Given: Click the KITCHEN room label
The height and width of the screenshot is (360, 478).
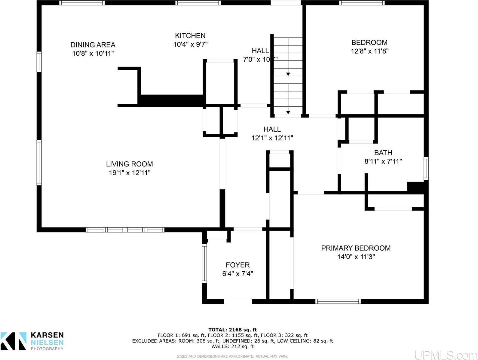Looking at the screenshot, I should pos(190,36).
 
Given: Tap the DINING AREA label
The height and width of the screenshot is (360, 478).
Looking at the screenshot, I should pos(93,45).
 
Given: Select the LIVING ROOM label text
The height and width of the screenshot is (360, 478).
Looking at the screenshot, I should pos(129,164).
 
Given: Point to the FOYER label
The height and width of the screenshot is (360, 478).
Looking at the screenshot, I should pos(237,265).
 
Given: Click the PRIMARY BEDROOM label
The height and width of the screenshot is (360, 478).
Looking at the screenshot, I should pos(356,248).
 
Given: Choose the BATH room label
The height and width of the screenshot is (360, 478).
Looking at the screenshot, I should pos(383,153).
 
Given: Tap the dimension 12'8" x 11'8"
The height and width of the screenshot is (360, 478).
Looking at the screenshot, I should pos(369,51).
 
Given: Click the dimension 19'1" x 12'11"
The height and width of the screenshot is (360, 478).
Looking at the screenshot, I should pos(129,173).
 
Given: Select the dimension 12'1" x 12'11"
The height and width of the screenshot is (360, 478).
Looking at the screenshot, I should pos(272,138).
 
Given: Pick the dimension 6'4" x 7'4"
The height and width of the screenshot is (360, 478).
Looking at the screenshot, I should pos(237,274).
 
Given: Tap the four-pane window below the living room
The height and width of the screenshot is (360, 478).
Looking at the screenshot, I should pos(125,230).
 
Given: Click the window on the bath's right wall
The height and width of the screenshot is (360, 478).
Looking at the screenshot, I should pos(426,168).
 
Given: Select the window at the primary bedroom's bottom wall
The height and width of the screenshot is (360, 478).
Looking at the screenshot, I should pos(338,301).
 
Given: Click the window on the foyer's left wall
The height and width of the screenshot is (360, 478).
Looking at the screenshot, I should pos(204,263).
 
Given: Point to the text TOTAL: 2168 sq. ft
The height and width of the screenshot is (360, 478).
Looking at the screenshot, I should pos(232,330).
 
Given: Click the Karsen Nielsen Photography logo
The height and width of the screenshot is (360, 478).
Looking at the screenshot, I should pos(32,341).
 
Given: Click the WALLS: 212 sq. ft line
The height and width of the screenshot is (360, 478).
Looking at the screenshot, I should pos(232,346).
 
